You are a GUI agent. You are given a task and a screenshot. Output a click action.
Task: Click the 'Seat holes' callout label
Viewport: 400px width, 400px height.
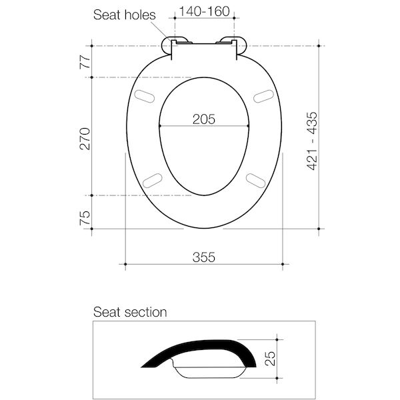pyautogui.click(x=124, y=14)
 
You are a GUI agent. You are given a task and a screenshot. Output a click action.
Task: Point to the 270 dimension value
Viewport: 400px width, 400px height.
pyautogui.click(x=85, y=137)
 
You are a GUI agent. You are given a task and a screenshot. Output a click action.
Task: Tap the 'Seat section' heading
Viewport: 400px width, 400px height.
pyautogui.click(x=130, y=312)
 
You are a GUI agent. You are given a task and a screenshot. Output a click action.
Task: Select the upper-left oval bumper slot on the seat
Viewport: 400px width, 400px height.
pyautogui.click(x=145, y=97)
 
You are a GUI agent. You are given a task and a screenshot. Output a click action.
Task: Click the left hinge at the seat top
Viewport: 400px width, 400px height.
pyautogui.click(x=175, y=43)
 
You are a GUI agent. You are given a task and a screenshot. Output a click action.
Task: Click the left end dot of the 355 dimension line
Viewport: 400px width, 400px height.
pyautogui.click(x=125, y=265)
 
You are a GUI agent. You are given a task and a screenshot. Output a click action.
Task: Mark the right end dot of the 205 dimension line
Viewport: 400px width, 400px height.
pyautogui.click(x=248, y=126)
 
